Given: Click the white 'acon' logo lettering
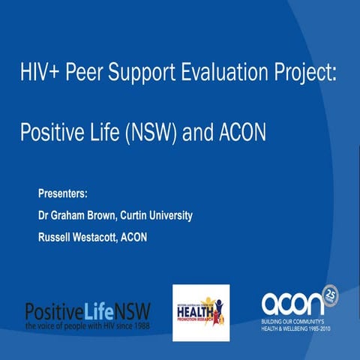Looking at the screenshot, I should (292, 304).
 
